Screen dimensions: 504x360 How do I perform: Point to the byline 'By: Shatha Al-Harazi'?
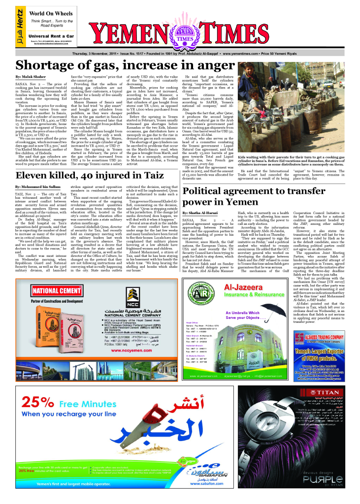click(202, 212)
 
